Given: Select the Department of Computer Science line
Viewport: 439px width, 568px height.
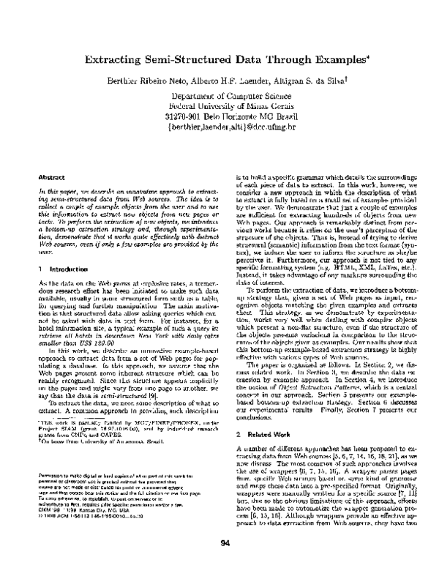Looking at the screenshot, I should [x=221, y=95].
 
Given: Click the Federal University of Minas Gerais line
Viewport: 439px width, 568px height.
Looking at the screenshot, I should [x=221, y=105].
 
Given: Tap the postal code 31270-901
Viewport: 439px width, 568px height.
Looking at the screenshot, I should [x=183, y=116].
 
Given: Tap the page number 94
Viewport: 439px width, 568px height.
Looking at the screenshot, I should [x=220, y=542].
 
